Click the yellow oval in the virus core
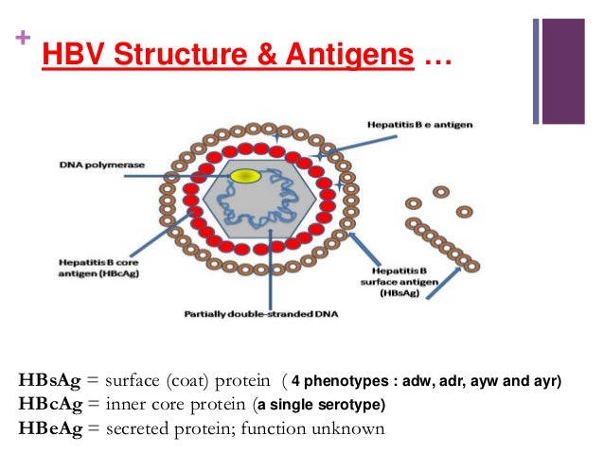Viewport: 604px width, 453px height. click(x=246, y=176)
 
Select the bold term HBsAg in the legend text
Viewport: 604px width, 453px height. click(x=50, y=382)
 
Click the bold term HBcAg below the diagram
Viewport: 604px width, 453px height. click(x=50, y=405)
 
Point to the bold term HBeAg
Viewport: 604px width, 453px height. click(x=50, y=428)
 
